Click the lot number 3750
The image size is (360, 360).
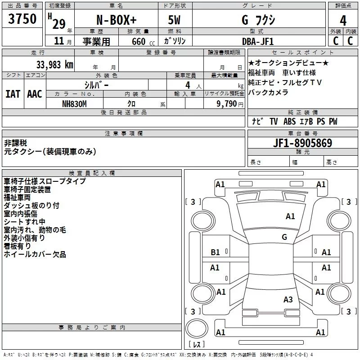point(22,19)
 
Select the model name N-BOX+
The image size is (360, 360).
point(116,21)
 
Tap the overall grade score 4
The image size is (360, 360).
point(343,21)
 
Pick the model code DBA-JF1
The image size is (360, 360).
point(258,41)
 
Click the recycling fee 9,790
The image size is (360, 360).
point(225,103)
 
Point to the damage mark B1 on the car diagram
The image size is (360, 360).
point(216,252)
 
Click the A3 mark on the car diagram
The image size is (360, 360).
point(288,300)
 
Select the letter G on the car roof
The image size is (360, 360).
point(284,237)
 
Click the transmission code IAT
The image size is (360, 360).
point(13,94)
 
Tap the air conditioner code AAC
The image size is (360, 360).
point(35,94)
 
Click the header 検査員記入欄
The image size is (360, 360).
point(92,173)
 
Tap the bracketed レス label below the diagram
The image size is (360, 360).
point(196,345)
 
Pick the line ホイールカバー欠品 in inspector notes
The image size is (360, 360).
point(35,254)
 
